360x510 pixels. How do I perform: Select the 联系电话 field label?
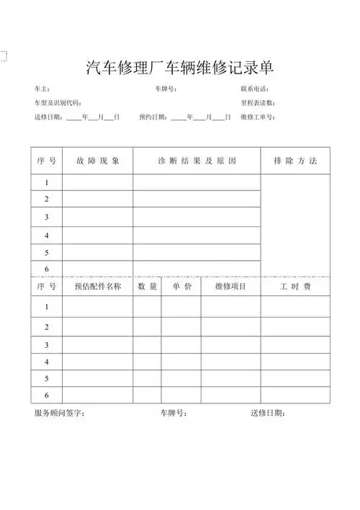point(255,89)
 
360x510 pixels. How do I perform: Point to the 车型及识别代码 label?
point(58,103)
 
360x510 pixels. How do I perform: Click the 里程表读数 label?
point(258,103)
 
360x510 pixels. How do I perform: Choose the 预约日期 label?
point(154,117)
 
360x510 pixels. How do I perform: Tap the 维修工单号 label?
point(257,117)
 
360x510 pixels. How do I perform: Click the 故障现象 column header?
point(97,161)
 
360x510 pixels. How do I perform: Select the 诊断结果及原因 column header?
point(197,161)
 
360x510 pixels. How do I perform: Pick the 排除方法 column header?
point(295,161)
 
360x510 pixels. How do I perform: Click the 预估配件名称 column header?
point(97,287)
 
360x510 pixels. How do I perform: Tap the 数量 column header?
point(147,287)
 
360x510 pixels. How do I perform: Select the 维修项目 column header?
point(230,287)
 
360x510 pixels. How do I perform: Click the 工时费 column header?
point(295,287)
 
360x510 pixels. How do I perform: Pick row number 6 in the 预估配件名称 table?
point(47,395)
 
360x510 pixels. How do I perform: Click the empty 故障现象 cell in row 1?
point(97,183)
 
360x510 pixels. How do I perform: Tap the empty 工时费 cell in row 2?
point(295,327)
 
